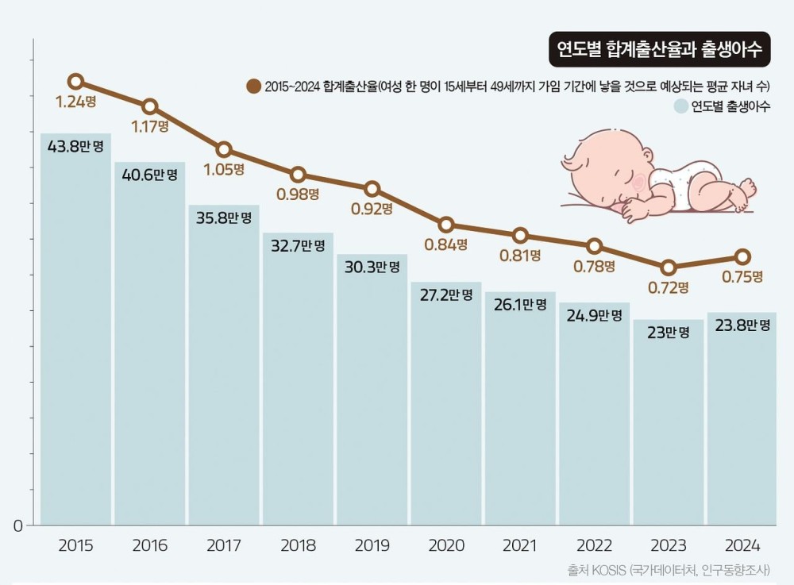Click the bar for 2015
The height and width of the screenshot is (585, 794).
[x=75, y=333]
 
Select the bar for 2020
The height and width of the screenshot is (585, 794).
[x=446, y=405]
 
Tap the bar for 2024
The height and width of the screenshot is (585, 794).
[x=742, y=421]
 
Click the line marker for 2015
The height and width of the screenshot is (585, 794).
[x=75, y=81]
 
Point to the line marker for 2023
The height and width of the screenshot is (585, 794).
[x=669, y=267]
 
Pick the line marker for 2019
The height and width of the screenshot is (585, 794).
[x=372, y=189]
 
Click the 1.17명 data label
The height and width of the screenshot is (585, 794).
[x=150, y=125]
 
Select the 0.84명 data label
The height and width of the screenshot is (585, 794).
[x=446, y=244]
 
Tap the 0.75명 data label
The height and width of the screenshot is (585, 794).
[x=742, y=276]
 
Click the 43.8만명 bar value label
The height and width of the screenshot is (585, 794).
[x=75, y=147]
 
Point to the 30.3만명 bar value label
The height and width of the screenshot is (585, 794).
[x=372, y=267]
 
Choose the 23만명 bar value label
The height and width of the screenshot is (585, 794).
[x=669, y=333]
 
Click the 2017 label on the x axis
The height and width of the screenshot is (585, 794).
[x=224, y=546]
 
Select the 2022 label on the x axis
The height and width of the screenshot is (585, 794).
[x=595, y=546]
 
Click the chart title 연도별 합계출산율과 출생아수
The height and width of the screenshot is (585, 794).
[x=658, y=50]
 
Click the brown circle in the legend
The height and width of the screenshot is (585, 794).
[x=254, y=86]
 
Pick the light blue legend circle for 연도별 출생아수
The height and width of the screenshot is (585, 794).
[x=680, y=106]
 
